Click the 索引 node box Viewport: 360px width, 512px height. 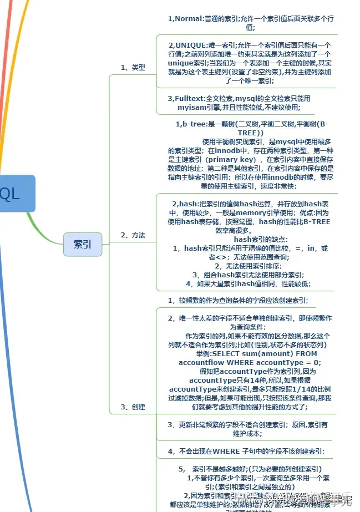pos(83,244)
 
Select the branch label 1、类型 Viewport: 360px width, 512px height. pos(133,67)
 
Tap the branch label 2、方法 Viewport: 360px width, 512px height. pos(133,235)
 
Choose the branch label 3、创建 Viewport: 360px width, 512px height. pos(133,407)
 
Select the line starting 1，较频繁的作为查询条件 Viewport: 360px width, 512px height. pos(239,300)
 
